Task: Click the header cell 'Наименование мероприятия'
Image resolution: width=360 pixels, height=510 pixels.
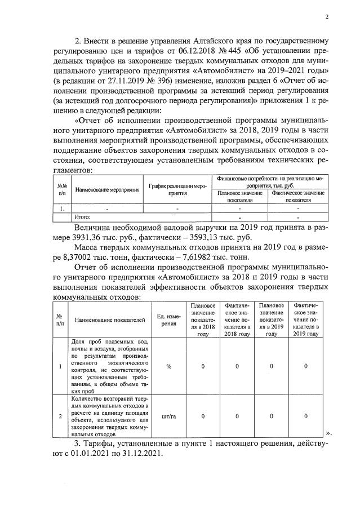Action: coord(108,190)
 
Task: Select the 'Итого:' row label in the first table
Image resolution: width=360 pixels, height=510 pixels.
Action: coord(83,217)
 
